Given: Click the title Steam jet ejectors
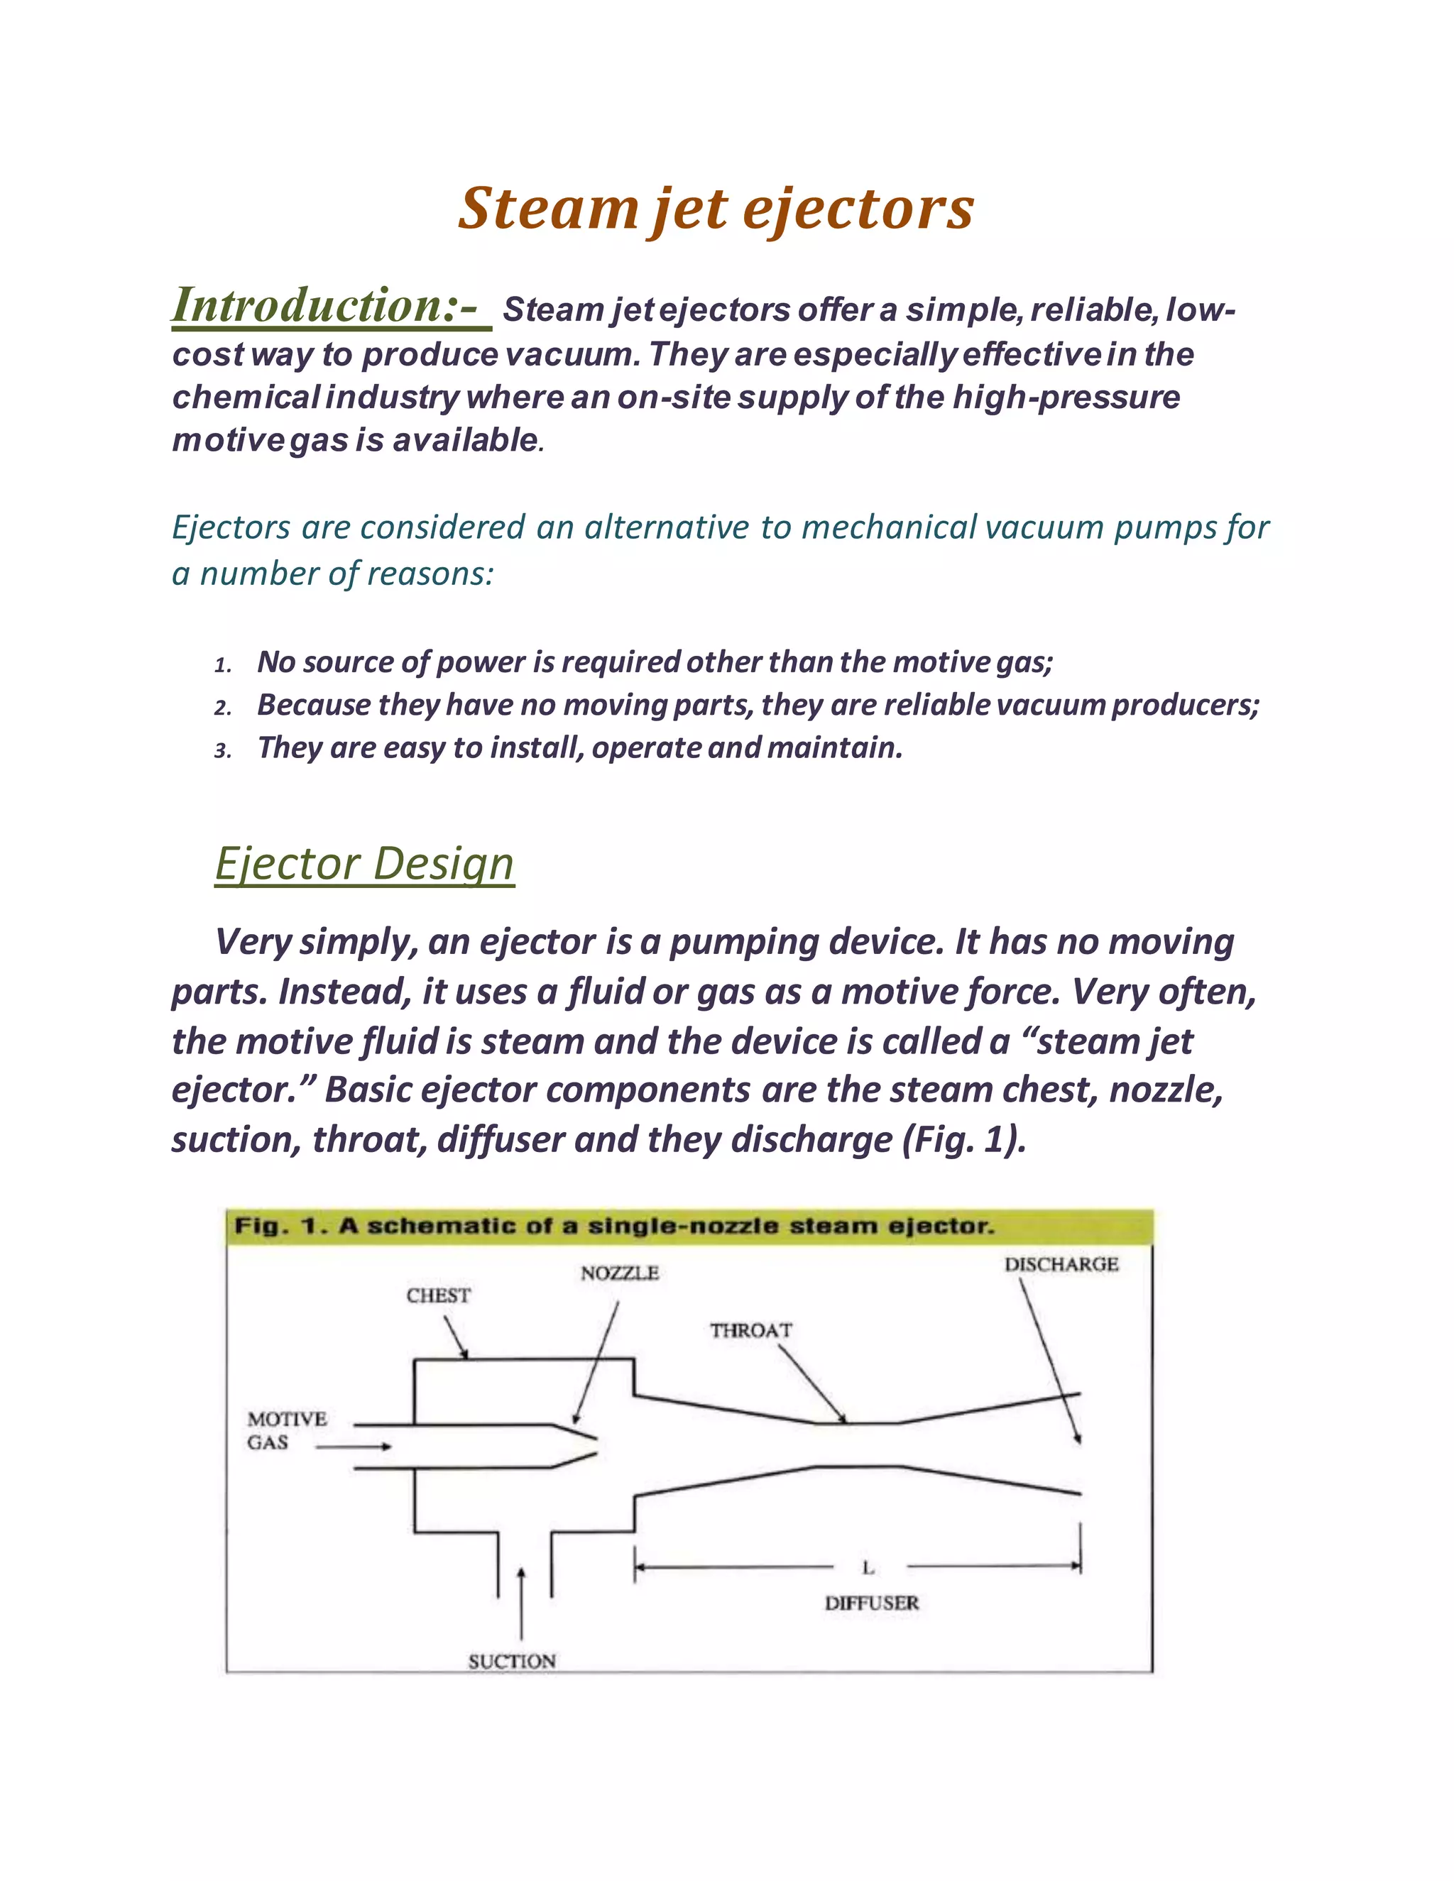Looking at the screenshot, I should (715, 209).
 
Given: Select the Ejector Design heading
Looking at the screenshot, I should (364, 863).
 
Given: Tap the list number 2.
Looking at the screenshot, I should (222, 708).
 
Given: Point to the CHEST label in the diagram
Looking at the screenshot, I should (439, 1295).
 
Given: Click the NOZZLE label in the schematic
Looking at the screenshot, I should (619, 1273).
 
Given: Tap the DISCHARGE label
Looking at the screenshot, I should (1061, 1264).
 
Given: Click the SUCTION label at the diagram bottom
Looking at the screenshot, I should (512, 1662).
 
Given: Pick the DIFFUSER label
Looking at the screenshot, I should (871, 1603).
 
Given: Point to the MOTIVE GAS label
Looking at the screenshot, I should (286, 1430).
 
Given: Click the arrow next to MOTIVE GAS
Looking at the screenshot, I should (353, 1447).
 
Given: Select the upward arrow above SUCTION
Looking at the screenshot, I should (521, 1602).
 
